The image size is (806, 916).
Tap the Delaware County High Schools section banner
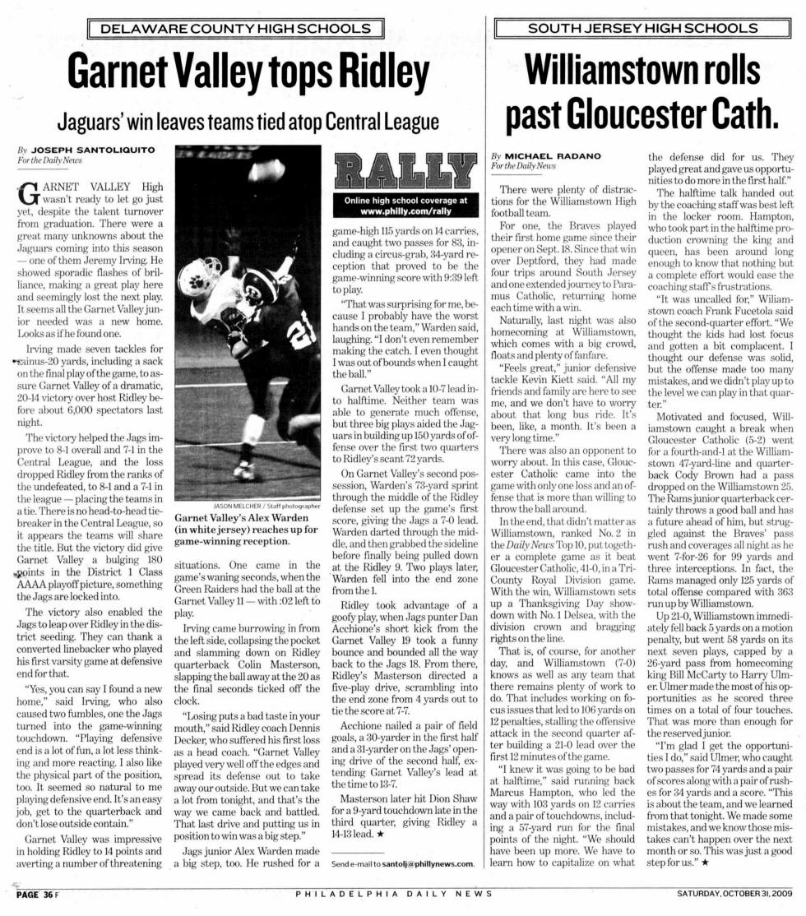click(x=235, y=30)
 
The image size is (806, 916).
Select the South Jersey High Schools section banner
click(x=642, y=29)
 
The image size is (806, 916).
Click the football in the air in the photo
click(x=271, y=169)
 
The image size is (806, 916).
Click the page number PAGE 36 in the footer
click(x=33, y=894)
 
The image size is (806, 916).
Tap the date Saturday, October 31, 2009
click(x=734, y=894)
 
